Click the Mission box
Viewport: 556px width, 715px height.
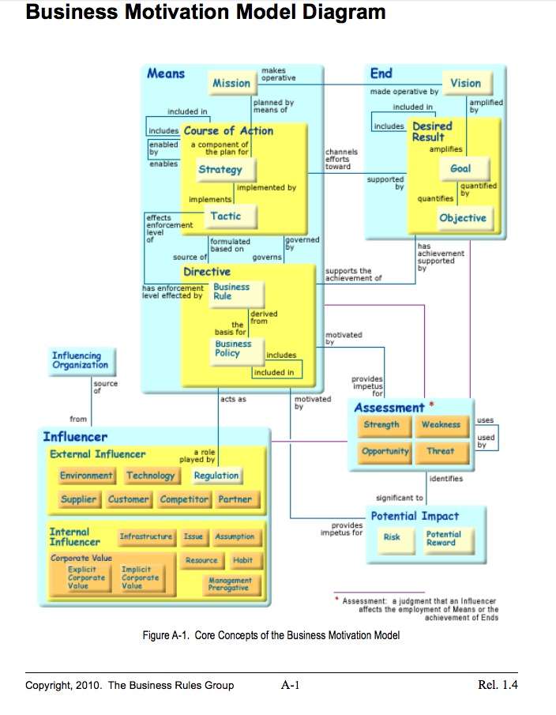(231, 83)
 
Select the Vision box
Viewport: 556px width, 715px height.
(465, 83)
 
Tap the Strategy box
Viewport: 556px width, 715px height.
(220, 169)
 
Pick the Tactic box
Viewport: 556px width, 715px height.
(226, 216)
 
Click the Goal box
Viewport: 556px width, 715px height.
(460, 168)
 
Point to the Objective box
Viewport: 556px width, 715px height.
(463, 218)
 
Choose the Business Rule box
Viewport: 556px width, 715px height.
(231, 292)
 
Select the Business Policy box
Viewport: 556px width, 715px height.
(233, 348)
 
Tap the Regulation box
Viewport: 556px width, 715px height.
(216, 476)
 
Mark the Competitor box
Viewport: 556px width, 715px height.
(184, 499)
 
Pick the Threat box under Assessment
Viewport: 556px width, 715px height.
(441, 451)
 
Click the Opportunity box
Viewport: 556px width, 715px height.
(385, 451)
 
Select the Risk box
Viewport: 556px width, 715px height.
(392, 537)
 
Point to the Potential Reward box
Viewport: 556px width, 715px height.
(443, 538)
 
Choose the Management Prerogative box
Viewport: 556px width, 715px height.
(230, 584)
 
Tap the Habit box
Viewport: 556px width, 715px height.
(243, 560)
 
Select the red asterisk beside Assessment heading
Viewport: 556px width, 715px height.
(431, 405)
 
